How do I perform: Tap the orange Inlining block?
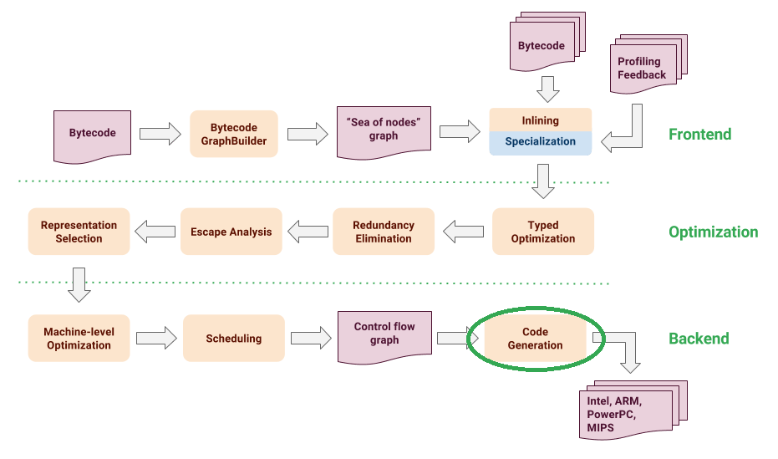pyautogui.click(x=540, y=120)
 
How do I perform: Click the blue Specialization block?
pyautogui.click(x=540, y=142)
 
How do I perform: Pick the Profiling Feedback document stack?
pyautogui.click(x=642, y=69)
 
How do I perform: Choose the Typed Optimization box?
pyautogui.click(x=542, y=232)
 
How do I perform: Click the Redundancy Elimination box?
pyautogui.click(x=383, y=232)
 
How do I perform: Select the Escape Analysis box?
pyautogui.click(x=231, y=232)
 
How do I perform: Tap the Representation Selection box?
pyautogui.click(x=79, y=232)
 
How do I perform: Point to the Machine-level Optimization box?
pyautogui.click(x=79, y=338)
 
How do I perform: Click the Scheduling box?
pyautogui.click(x=233, y=338)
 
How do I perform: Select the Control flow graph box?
pyautogui.click(x=384, y=334)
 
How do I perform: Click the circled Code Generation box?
pyautogui.click(x=536, y=338)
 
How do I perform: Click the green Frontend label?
pyautogui.click(x=699, y=134)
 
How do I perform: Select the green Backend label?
pyautogui.click(x=699, y=339)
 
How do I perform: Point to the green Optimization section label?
pyautogui.click(x=713, y=232)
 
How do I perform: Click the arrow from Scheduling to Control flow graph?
pyautogui.click(x=311, y=338)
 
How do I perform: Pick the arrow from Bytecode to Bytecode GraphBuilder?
pyautogui.click(x=160, y=133)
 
